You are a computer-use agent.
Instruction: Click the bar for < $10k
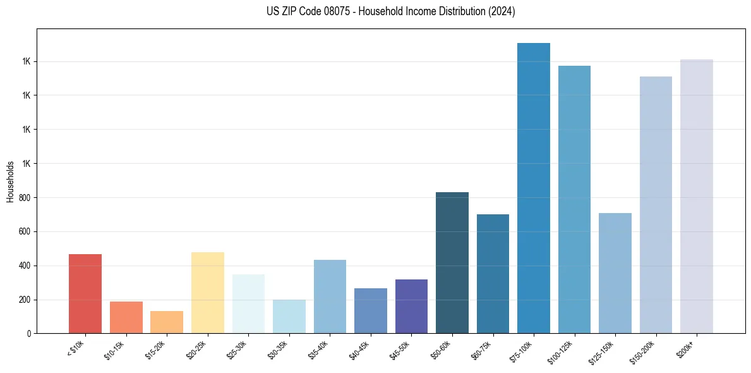pos(85,294)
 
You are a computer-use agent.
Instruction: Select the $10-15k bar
pos(126,317)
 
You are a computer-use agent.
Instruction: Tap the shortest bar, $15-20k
pos(167,322)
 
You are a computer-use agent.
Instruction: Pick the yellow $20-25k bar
pos(208,293)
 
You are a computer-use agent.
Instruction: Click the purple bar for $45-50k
pos(411,307)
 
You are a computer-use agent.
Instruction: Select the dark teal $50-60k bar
pos(452,262)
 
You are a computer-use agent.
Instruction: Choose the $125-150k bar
pos(615,273)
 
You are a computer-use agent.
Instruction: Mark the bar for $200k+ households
pos(697,196)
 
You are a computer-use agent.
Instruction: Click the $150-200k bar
pos(656,205)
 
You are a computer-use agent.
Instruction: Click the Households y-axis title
pos(11,182)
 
